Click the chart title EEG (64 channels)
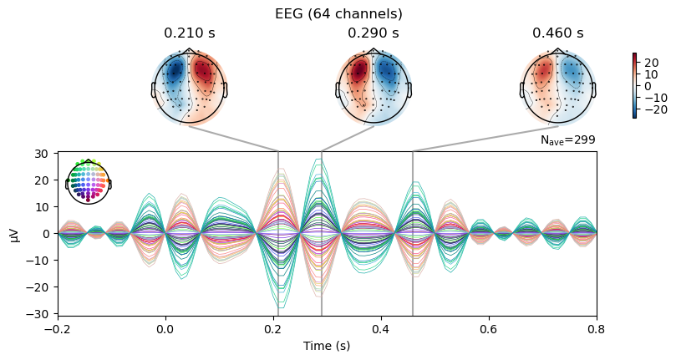[x=338, y=14]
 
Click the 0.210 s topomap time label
[x=189, y=33]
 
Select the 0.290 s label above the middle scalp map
[x=374, y=33]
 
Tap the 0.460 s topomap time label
[x=558, y=33]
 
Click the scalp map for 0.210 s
[x=189, y=87]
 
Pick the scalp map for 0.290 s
[x=374, y=87]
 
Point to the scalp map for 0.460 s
[x=558, y=87]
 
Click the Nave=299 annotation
[x=567, y=140]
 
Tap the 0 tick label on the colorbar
[x=648, y=86]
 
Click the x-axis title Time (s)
[x=327, y=346]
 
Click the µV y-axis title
[x=16, y=234]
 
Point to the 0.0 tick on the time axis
[x=165, y=330]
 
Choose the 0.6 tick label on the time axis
[x=489, y=330]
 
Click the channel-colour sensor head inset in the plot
[x=89, y=181]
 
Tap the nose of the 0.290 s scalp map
[x=374, y=50]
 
